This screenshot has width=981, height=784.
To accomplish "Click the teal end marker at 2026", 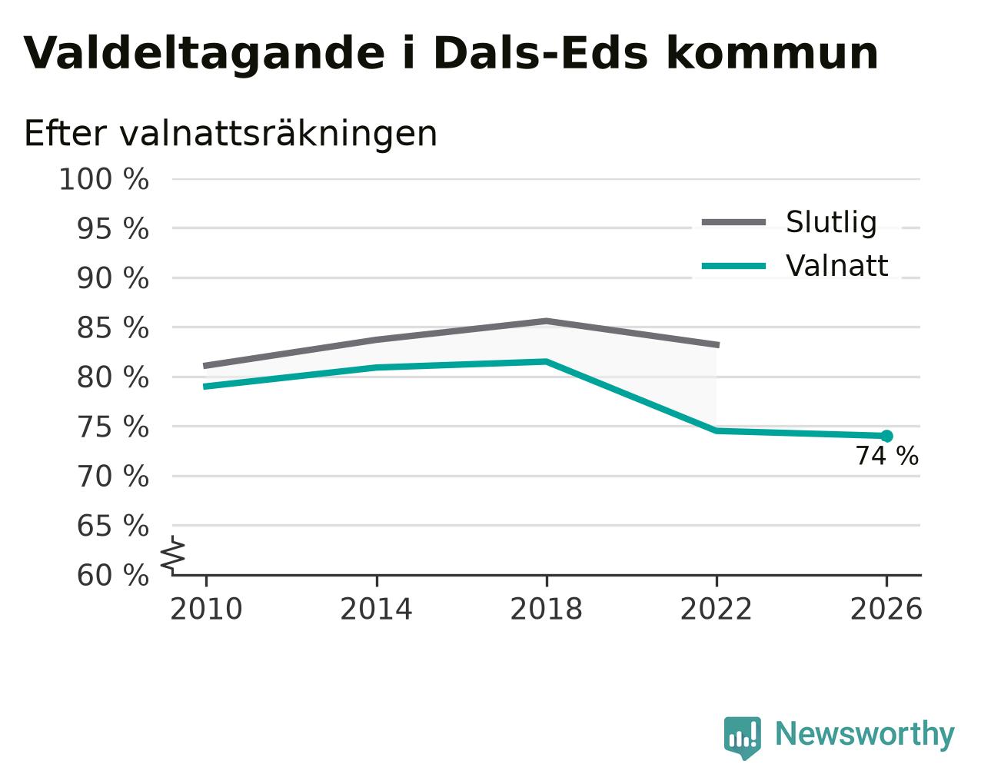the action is tap(886, 437).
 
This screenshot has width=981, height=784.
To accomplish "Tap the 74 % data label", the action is tap(887, 456).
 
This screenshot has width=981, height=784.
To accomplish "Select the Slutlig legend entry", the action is tap(789, 222).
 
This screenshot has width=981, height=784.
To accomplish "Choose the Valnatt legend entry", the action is tap(795, 265).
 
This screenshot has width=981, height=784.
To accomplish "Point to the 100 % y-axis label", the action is tap(104, 179).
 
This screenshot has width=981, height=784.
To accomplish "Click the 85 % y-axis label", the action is tap(112, 327).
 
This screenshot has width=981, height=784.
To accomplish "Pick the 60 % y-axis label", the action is tap(112, 575).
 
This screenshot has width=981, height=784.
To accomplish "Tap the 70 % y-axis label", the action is tap(112, 477).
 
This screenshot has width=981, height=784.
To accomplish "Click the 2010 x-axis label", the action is tap(206, 610).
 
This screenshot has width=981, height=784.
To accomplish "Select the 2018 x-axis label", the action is tap(547, 610).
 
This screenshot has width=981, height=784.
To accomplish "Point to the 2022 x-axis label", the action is tap(717, 610).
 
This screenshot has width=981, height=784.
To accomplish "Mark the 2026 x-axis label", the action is tap(886, 610).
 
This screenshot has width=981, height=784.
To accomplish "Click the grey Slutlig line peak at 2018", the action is tap(547, 321).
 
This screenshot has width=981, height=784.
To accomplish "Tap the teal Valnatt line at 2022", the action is tap(717, 430).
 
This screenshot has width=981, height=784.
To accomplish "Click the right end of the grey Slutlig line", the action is tap(719, 345).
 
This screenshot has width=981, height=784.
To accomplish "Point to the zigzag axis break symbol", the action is tap(173, 555).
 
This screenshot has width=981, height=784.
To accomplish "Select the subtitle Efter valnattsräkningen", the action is tap(231, 134).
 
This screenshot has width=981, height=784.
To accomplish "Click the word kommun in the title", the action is tap(773, 54).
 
